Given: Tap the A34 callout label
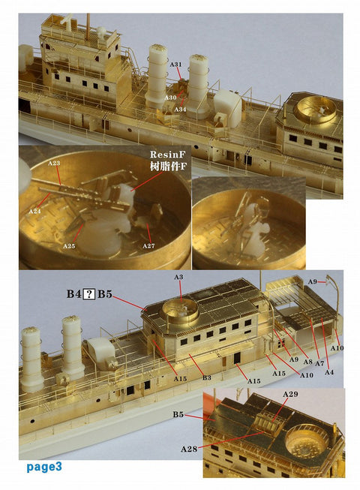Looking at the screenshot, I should coord(180,110).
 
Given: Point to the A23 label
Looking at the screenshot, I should coord(53,163).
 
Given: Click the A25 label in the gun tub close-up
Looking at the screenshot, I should coord(69,246).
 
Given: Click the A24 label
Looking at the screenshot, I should coord(34,212).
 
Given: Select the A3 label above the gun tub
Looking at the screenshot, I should coord(178,278).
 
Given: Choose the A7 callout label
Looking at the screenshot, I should coord(318,363).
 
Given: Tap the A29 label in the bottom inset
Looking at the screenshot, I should coord(291,394).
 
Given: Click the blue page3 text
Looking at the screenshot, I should coord(43,467).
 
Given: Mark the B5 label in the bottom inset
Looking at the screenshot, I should coord(178,414).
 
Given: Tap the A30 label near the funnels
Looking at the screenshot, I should coord(171,98).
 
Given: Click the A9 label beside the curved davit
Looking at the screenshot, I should coord(311,282).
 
